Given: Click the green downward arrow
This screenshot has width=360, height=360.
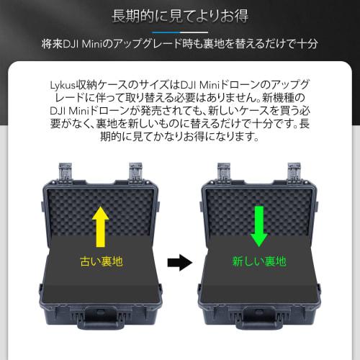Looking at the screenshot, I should pos(258,224).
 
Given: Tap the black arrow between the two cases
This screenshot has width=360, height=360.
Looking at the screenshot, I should pos(180,263).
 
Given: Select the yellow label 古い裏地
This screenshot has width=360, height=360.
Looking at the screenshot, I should pos(101,261).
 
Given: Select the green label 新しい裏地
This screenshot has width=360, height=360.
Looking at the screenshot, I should pos(259,261).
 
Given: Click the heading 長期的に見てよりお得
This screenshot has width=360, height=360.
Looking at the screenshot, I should pos(179,15).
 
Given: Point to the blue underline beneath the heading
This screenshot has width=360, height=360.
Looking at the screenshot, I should pos(179,31).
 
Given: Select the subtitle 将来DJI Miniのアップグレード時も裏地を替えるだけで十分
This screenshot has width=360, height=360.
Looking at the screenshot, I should pos(180,45).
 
